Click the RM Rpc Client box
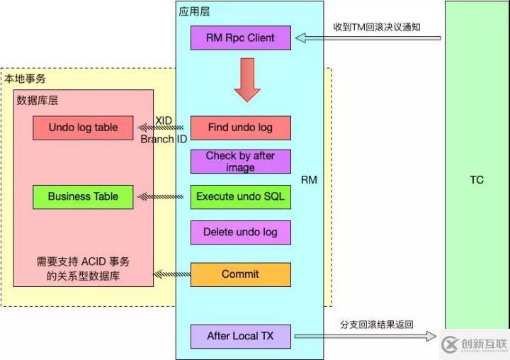point(240,38)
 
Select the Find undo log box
point(240,128)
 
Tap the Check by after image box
point(240,162)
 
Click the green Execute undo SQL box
point(240,196)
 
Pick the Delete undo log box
point(240,232)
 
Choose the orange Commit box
point(240,274)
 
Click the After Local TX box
point(240,336)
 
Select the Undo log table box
point(83,128)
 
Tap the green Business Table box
point(83,196)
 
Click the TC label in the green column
point(477,180)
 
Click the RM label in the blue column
point(309,180)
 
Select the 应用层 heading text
point(195,11)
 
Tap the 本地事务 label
point(25,79)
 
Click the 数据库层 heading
point(37,101)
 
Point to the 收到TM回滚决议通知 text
point(378,26)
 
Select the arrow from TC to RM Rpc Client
point(368,38)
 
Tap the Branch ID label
point(164,139)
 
